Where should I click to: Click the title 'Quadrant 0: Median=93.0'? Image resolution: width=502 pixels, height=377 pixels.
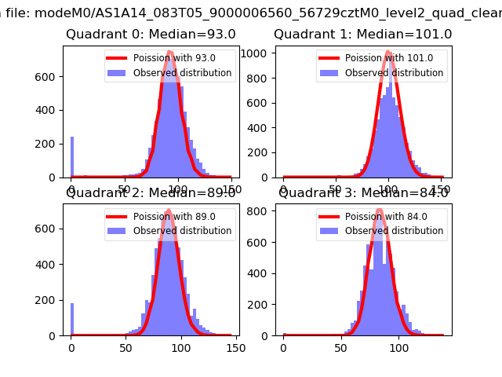[151, 35]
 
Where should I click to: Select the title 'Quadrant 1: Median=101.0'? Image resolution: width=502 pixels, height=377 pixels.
[362, 35]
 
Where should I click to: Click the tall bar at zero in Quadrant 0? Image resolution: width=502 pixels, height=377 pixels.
[72, 157]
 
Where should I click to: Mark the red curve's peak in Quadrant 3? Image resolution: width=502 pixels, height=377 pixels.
[380, 210]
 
